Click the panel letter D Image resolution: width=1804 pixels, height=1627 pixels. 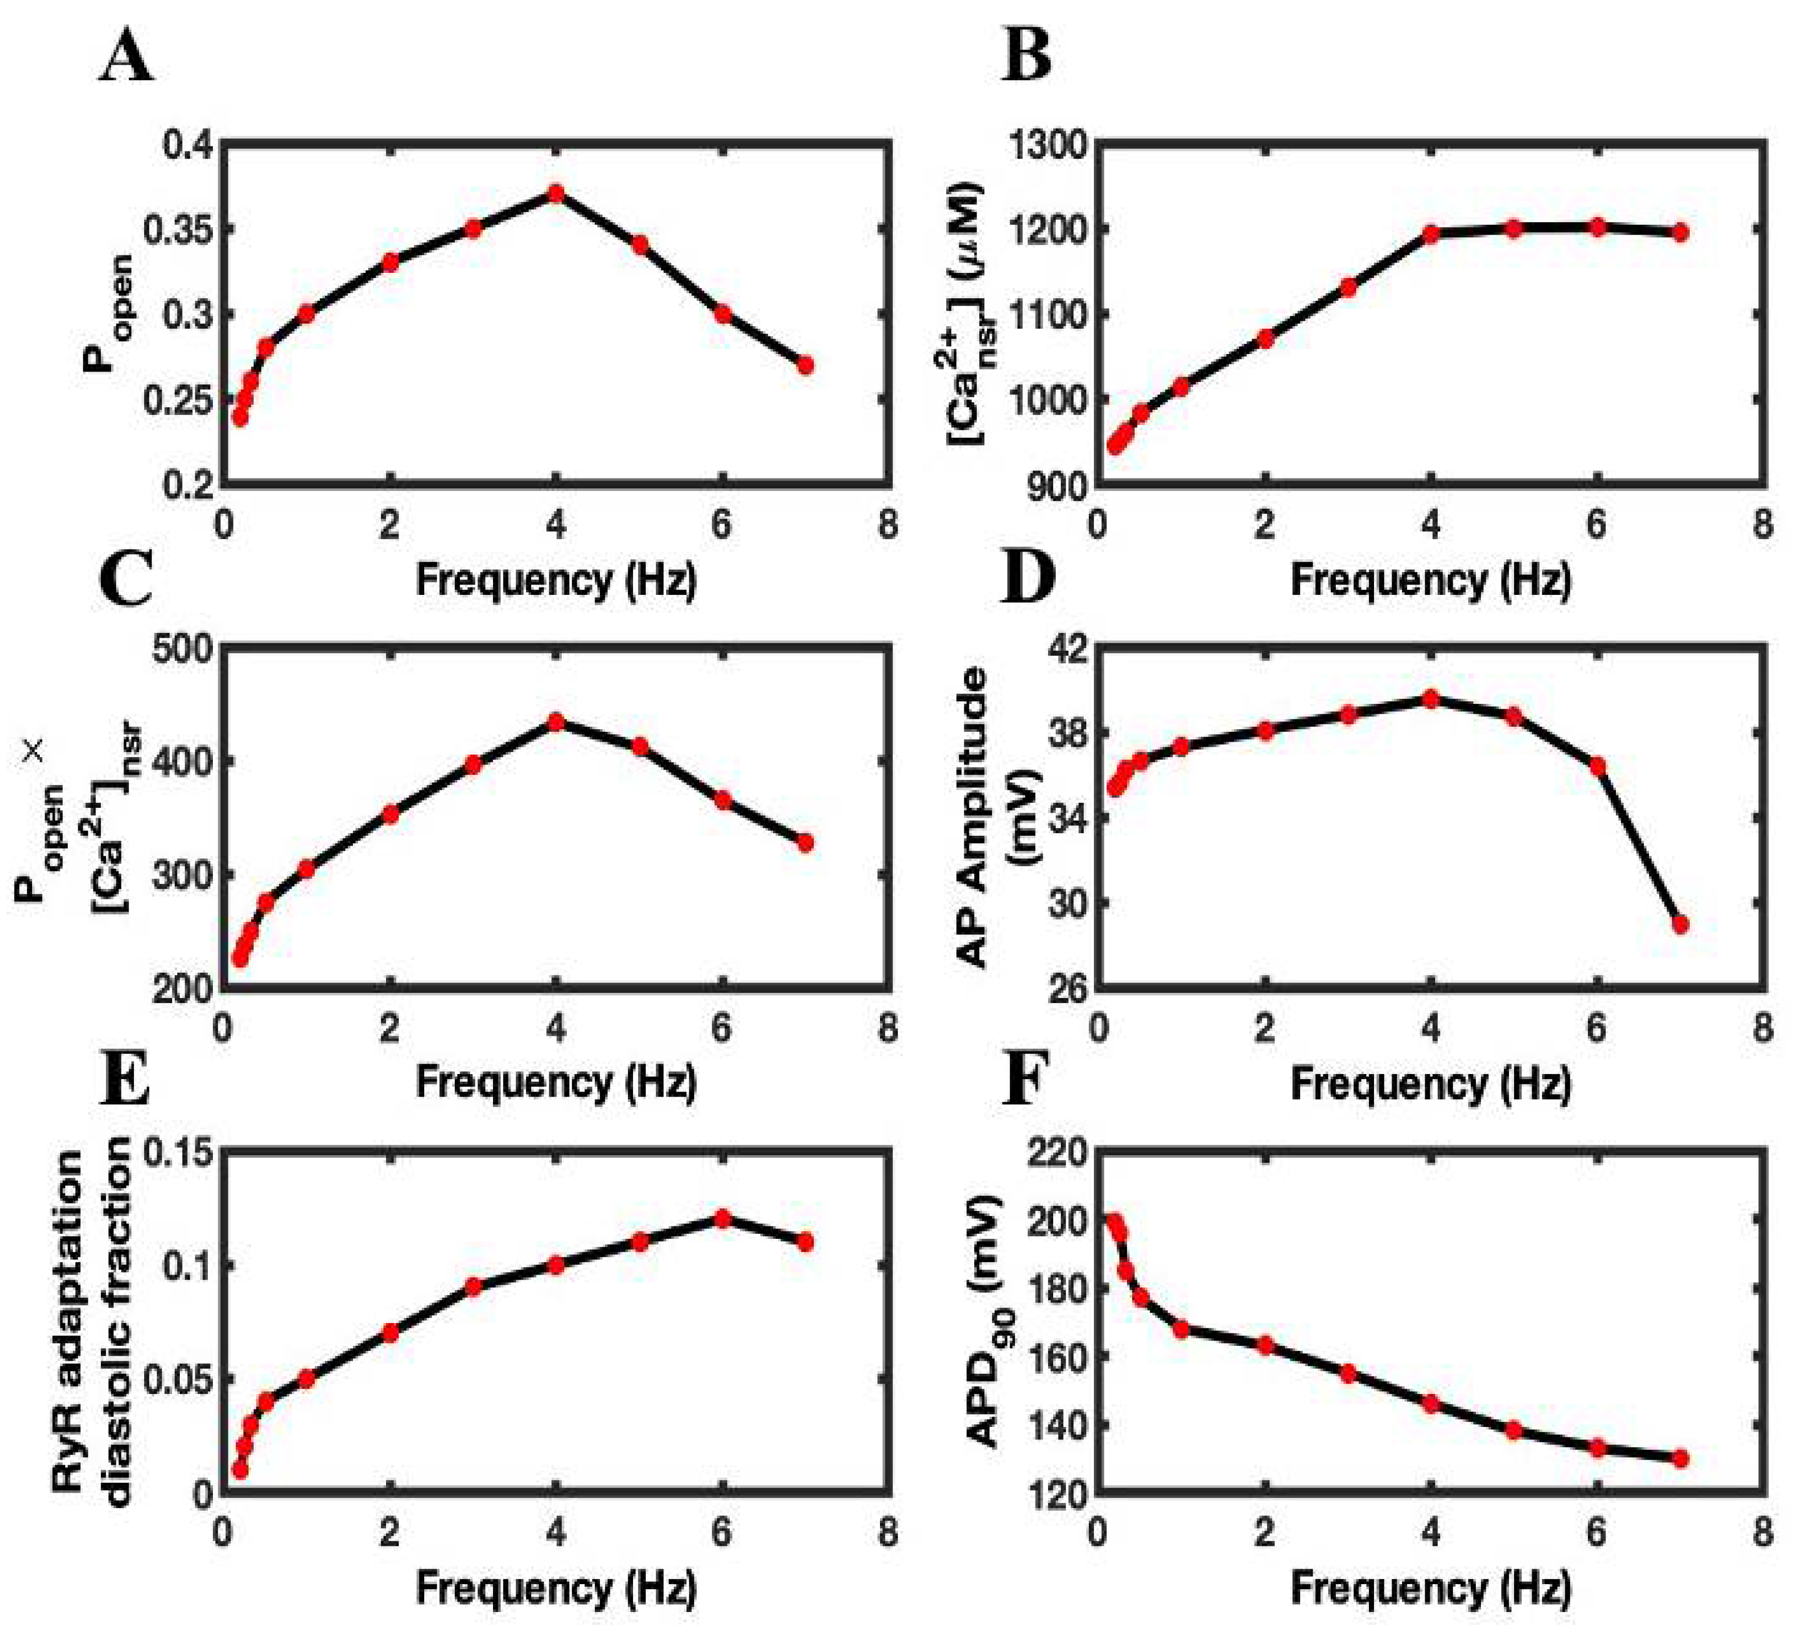pyautogui.click(x=1028, y=579)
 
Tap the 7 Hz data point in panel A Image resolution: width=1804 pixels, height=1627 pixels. pyautogui.click(x=805, y=365)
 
